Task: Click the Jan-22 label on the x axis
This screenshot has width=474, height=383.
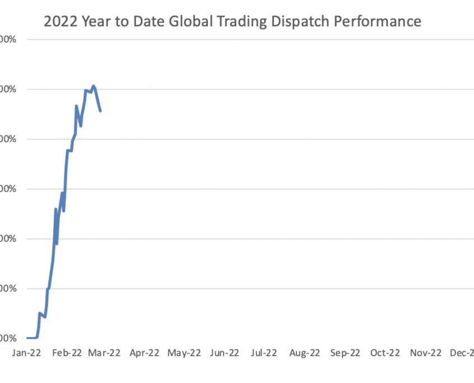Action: (26, 353)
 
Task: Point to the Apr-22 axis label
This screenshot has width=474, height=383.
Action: (145, 353)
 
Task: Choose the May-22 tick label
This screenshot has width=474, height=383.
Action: (185, 353)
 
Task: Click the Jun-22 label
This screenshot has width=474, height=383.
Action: (225, 353)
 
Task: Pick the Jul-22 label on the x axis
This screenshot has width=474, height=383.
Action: (264, 353)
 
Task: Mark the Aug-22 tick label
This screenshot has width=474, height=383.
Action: (305, 353)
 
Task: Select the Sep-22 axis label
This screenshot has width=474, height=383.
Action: (345, 353)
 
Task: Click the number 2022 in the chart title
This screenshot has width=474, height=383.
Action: (60, 22)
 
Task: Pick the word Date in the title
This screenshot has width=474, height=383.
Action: (146, 22)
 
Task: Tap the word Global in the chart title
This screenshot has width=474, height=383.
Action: (186, 22)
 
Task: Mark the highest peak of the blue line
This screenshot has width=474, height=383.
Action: (93, 86)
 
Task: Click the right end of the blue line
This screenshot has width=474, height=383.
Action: (100, 111)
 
